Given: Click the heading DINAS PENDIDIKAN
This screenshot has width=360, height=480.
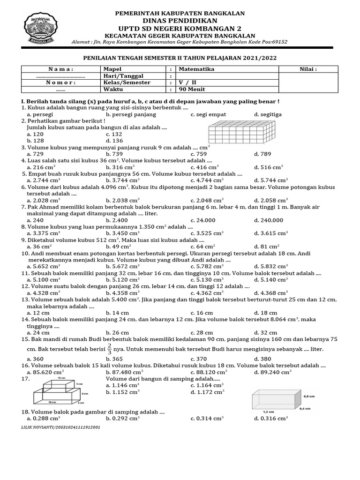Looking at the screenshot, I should point(180,21).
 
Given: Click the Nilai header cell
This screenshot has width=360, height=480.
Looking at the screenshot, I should point(308,69).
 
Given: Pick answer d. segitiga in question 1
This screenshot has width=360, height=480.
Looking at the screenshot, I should point(268,114).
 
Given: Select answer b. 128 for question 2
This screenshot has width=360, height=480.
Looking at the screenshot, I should point(35,140).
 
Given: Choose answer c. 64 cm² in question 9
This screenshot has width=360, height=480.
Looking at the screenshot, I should point(202,246).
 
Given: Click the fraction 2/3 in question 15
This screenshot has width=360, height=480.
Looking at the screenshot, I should point(110,349).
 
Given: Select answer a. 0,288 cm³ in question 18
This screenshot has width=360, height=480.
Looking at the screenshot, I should point(45,418).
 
